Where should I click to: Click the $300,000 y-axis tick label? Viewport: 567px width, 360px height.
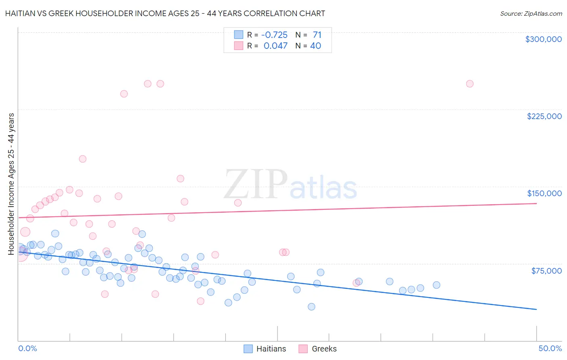point(543,39)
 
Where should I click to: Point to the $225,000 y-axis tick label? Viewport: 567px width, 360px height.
point(544,116)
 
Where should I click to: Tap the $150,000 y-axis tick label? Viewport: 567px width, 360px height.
point(544,193)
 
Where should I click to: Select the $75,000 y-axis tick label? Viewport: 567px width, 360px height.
point(546,271)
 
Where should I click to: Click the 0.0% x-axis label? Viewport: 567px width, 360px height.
point(27,348)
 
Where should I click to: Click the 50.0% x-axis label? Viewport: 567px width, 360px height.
point(550,348)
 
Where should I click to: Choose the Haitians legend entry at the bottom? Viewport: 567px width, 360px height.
point(265,349)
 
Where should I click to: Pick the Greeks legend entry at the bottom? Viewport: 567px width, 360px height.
point(317,349)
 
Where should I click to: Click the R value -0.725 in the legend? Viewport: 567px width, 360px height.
point(274,35)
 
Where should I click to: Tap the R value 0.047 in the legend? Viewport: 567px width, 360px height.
point(275,46)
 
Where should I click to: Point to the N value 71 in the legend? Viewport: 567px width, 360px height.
point(317,35)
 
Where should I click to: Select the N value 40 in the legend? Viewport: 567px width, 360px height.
point(315,46)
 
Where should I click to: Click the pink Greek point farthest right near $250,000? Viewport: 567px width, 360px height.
point(469,84)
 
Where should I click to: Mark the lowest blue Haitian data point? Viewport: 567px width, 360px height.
point(311,307)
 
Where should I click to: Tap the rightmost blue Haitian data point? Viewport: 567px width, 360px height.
point(436,285)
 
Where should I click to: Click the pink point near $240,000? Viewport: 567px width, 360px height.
point(124,94)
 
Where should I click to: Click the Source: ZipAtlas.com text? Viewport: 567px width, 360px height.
point(531,14)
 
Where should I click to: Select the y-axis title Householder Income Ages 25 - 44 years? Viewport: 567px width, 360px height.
point(11,184)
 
